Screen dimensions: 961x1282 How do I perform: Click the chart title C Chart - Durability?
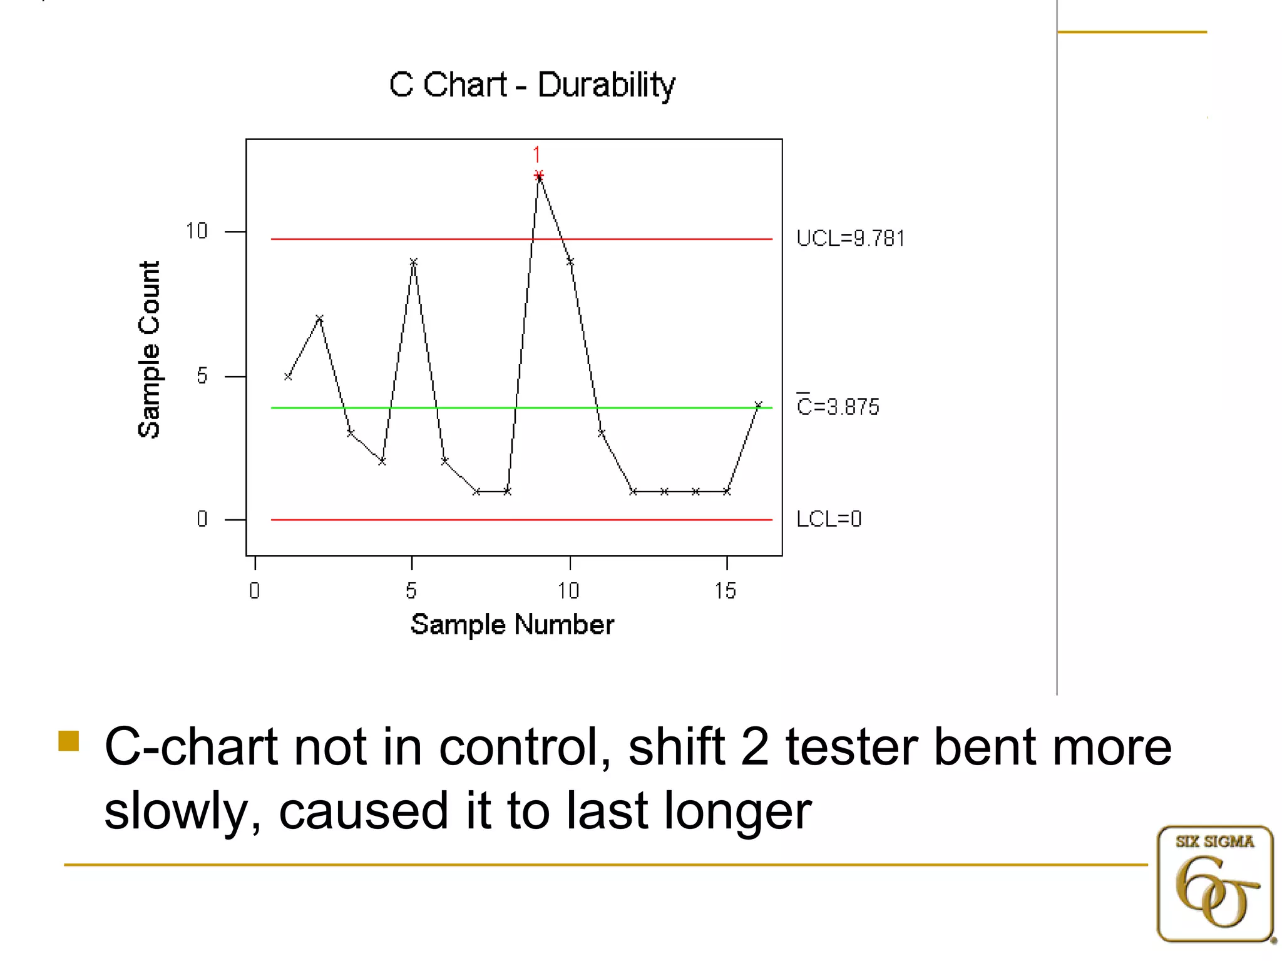(x=532, y=85)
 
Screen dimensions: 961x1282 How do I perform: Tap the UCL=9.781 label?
(x=850, y=238)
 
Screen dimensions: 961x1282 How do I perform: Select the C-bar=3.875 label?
(x=838, y=407)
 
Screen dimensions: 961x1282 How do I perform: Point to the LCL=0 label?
(x=829, y=519)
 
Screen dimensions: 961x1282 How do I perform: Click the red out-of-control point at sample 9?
(x=539, y=175)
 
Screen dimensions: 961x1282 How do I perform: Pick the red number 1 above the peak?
(x=536, y=155)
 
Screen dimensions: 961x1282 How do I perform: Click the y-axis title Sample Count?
(x=149, y=349)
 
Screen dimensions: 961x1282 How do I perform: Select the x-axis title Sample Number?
(x=512, y=624)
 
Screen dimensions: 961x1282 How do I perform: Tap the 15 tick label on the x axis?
(x=726, y=591)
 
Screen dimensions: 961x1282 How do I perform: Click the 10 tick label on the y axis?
(x=197, y=231)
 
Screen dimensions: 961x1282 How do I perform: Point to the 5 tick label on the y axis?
(x=202, y=376)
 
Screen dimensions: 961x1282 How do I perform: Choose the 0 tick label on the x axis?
(x=254, y=591)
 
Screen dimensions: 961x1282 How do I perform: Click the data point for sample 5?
(x=413, y=262)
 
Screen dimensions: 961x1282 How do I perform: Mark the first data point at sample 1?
(x=288, y=377)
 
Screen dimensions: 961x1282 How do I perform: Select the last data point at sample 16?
(x=758, y=405)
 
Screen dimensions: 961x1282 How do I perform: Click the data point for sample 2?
(x=319, y=318)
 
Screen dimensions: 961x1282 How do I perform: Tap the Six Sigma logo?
(x=1214, y=883)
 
